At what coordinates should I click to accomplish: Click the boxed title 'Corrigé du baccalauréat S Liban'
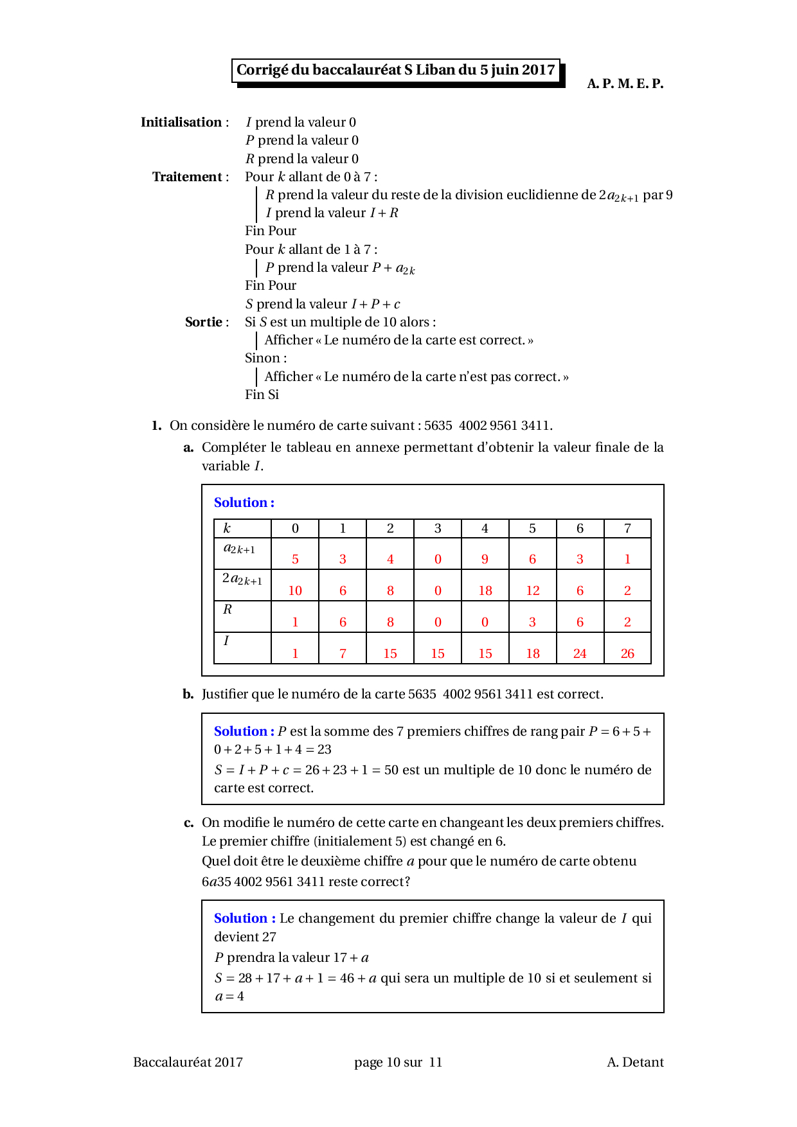(x=395, y=70)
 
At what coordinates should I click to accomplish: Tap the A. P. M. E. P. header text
(x=625, y=84)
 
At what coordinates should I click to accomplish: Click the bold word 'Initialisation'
(x=181, y=122)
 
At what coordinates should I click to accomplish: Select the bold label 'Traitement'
(x=187, y=177)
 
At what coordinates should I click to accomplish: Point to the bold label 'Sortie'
(x=203, y=322)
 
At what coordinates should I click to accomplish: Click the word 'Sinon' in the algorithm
(x=264, y=358)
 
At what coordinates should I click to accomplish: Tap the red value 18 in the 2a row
(x=485, y=590)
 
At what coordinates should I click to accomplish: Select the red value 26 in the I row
(x=627, y=653)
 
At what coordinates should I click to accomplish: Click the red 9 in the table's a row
(x=485, y=559)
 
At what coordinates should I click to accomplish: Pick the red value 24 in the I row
(x=580, y=653)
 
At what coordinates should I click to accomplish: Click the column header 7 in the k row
(x=627, y=528)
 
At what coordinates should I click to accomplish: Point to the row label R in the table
(x=227, y=609)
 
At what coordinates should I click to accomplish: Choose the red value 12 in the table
(x=533, y=590)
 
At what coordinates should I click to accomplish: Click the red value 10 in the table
(x=295, y=590)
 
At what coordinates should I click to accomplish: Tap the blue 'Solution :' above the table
(x=244, y=502)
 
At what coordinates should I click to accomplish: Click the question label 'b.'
(x=188, y=694)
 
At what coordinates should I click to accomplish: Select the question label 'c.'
(x=188, y=823)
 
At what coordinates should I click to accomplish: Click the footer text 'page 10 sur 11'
(x=398, y=1062)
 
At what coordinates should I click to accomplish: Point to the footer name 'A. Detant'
(x=635, y=1062)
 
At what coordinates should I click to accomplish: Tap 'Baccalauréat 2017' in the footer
(x=188, y=1062)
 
